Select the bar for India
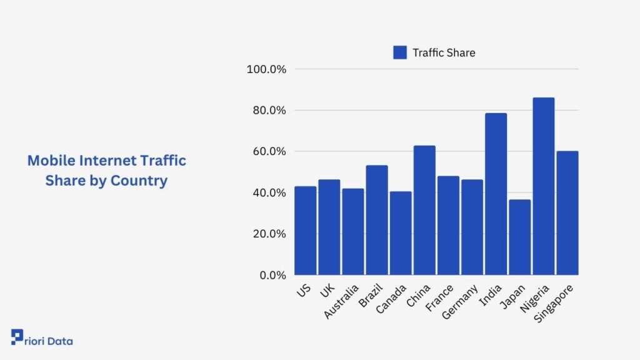click(496, 194)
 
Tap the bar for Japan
click(519, 237)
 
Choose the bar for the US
click(306, 231)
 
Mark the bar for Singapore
click(567, 212)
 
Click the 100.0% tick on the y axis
click(266, 69)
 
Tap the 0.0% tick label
click(272, 275)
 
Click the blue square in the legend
click(400, 52)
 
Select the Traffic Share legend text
click(444, 52)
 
